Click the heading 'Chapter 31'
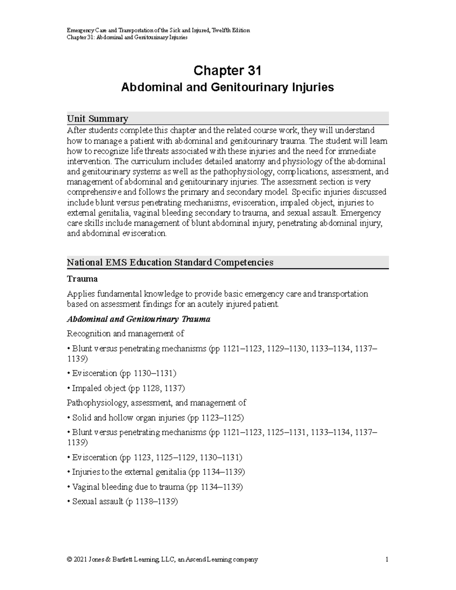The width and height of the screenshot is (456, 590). click(x=227, y=71)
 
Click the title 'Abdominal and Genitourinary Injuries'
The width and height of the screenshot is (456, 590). click(x=227, y=87)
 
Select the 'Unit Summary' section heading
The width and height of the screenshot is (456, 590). click(x=97, y=119)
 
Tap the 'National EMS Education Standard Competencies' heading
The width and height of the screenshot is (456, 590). click(x=170, y=263)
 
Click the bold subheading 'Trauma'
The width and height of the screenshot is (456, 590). click(x=82, y=279)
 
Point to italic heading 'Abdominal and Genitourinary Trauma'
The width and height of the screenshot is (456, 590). click(x=138, y=319)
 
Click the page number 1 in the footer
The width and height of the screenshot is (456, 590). click(x=386, y=560)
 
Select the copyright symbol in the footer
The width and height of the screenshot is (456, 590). click(x=69, y=560)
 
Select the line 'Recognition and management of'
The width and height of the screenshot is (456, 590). click(x=125, y=334)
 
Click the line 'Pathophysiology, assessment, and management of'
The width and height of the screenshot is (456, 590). click(x=156, y=403)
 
